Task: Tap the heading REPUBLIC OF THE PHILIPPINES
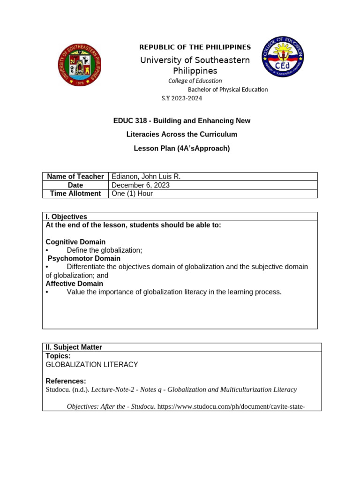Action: pos(195,47)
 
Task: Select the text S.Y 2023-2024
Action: pos(181,98)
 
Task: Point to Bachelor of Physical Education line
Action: pos(228,90)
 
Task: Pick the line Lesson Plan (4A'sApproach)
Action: pos(182,148)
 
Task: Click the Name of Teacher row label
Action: pos(75,177)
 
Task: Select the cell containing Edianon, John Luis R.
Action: pos(146,177)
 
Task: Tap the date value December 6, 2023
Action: pos(141,185)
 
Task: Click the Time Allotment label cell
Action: pos(75,194)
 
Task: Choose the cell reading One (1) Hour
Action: pos(132,194)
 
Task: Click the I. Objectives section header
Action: pos(66,217)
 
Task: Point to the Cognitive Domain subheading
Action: pos(75,242)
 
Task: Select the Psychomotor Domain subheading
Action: pos(84,258)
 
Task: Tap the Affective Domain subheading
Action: pos(74,284)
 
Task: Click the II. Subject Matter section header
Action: pos(74,347)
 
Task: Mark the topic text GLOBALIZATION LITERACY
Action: pos(92,364)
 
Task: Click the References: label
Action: pos(66,381)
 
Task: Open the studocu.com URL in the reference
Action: pos(232,406)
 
